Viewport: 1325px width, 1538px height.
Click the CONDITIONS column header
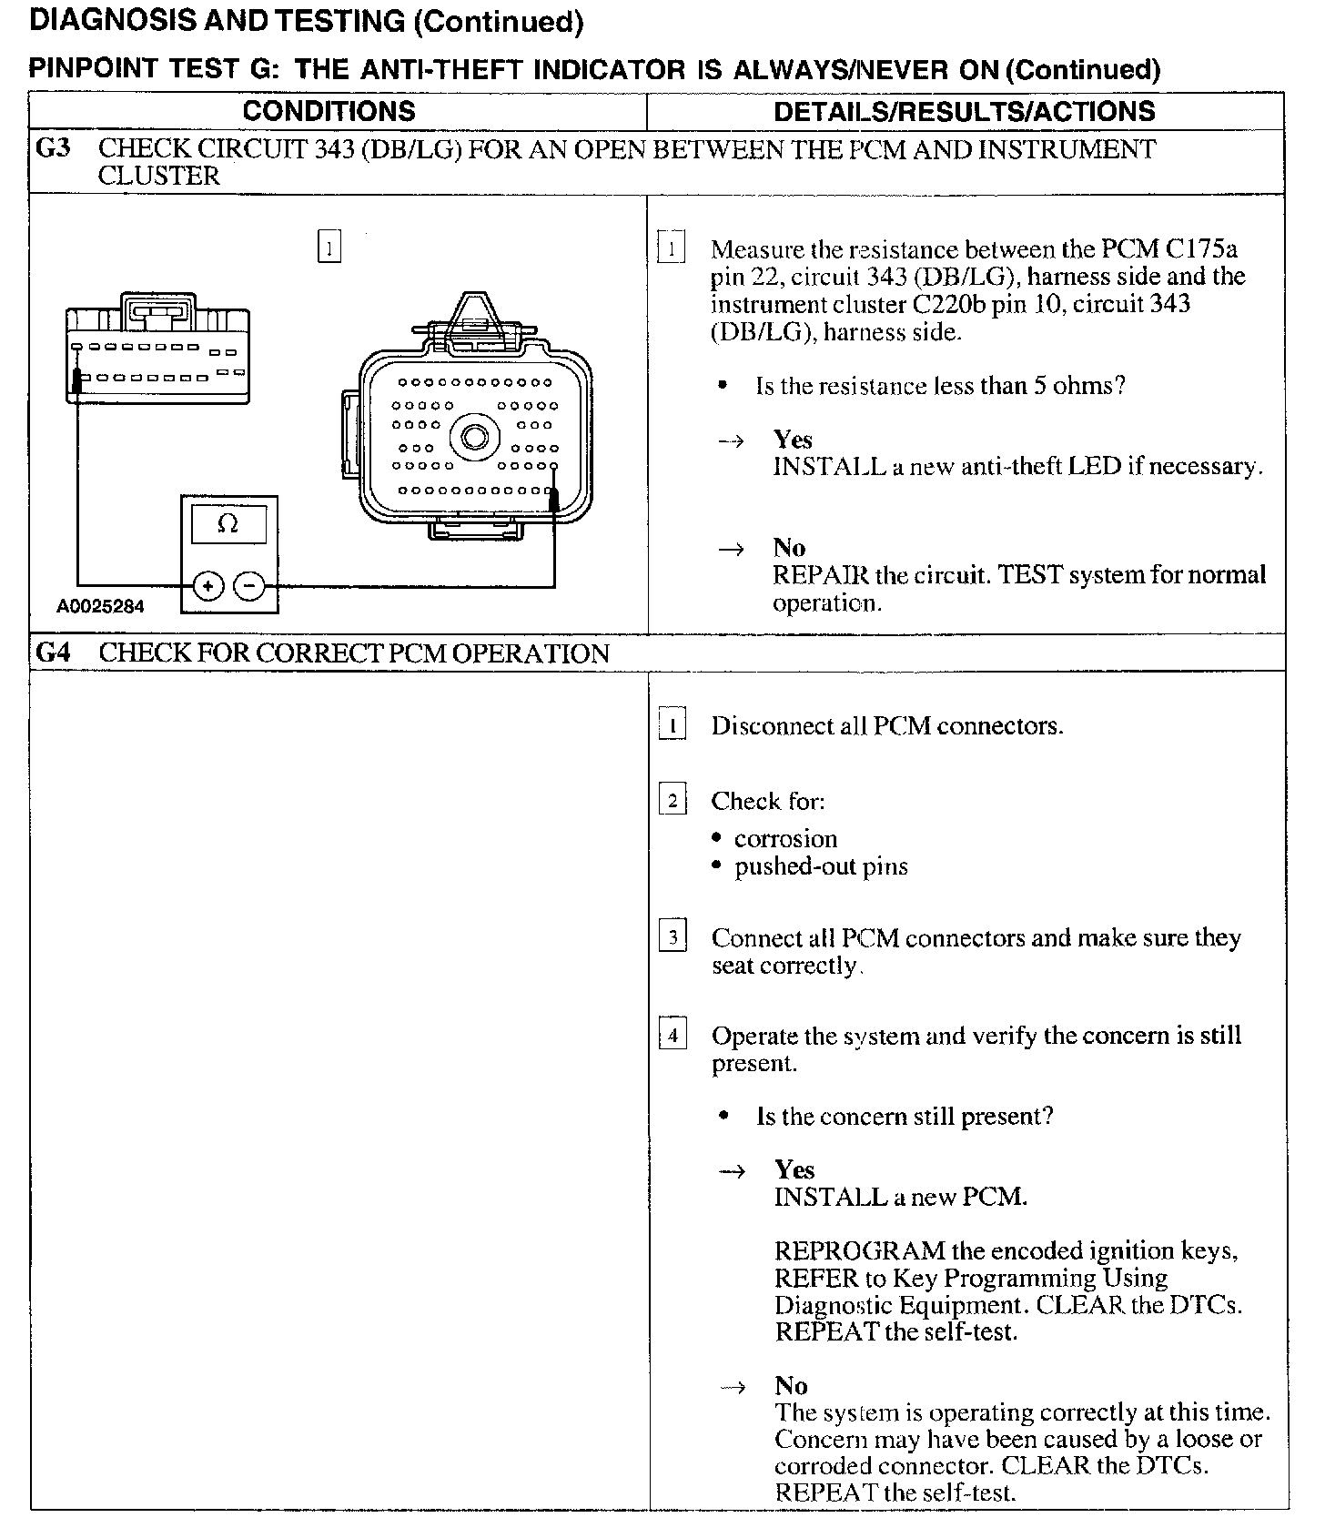click(329, 111)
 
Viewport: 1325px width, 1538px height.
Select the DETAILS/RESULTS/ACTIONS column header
click(964, 111)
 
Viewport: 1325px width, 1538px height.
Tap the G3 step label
click(53, 148)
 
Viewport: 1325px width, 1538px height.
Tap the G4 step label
click(54, 653)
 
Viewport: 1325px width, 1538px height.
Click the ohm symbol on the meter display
click(228, 524)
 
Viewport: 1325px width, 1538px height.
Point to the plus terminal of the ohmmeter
click(208, 586)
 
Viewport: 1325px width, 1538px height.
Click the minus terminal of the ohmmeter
click(249, 586)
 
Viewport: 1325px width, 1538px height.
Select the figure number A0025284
click(100, 606)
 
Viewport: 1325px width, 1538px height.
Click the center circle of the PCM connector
click(475, 438)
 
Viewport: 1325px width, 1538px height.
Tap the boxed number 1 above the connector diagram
click(329, 248)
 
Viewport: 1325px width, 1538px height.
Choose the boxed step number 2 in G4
click(672, 801)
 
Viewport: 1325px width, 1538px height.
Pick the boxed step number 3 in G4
click(672, 937)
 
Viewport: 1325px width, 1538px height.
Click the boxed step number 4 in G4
click(672, 1036)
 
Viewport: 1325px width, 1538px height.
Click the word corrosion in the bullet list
click(785, 839)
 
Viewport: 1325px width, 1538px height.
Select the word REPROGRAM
click(859, 1251)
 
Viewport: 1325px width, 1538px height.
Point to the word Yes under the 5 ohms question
click(793, 440)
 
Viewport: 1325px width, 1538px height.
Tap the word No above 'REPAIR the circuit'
click(789, 548)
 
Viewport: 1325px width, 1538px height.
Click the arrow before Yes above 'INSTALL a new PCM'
click(733, 1171)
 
